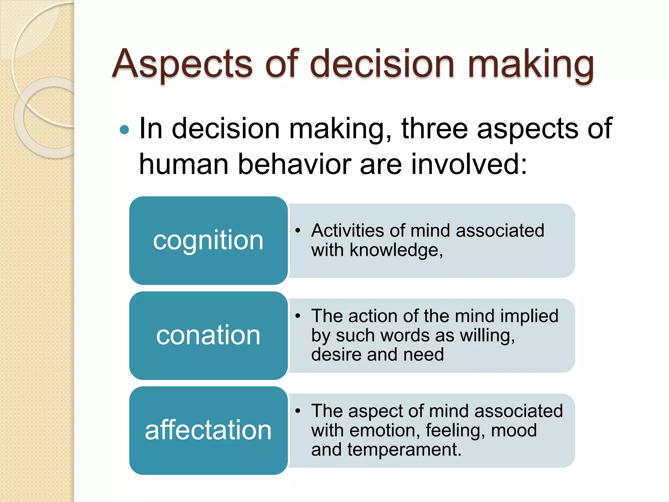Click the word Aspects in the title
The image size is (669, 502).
click(x=182, y=64)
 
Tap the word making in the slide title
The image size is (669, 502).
click(x=531, y=64)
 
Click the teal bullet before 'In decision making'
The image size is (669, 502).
click(x=124, y=130)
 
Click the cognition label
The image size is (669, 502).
click(x=208, y=241)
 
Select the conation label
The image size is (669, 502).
click(x=208, y=335)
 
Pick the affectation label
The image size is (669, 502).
click(x=208, y=430)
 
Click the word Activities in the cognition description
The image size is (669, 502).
click(x=347, y=231)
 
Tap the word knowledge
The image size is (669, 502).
click(x=396, y=250)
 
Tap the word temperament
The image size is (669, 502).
click(x=404, y=450)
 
